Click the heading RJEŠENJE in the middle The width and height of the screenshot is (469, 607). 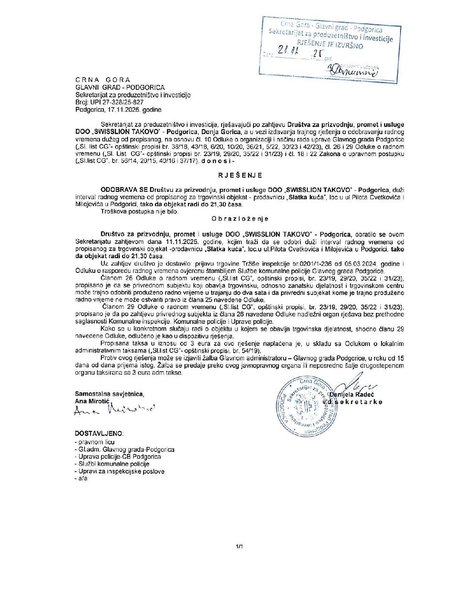click(234, 175)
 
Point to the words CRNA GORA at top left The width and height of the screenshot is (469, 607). click(103, 80)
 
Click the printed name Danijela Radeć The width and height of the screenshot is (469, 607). click(351, 394)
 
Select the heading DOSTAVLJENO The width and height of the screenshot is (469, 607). click(99, 433)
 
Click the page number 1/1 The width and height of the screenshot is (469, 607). click(240, 547)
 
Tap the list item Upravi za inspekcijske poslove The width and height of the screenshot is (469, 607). click(121, 471)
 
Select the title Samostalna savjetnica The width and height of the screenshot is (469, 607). click(109, 394)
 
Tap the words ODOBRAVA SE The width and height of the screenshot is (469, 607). click(124, 190)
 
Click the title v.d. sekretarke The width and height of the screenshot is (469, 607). click(355, 402)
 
